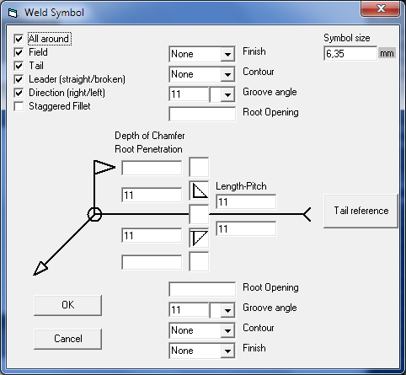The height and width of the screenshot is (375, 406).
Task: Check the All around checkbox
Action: coord(19,39)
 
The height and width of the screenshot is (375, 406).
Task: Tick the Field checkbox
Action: coord(19,52)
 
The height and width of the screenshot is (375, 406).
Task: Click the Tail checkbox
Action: coord(19,66)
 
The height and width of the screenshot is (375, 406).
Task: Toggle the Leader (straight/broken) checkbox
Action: coord(19,79)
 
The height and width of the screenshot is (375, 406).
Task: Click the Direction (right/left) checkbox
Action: coord(19,93)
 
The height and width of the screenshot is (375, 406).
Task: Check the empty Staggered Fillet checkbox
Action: coord(19,106)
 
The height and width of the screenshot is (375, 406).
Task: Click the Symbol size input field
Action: coord(350,53)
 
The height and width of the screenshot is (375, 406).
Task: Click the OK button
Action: coord(67,305)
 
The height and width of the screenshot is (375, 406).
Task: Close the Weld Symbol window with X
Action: coord(381,9)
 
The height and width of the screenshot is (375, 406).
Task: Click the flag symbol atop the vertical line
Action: coord(104,168)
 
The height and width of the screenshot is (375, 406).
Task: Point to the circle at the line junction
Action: coord(94,214)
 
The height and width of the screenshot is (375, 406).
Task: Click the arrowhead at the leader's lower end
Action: coord(40,269)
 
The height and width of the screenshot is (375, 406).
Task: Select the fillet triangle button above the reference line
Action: coord(199,190)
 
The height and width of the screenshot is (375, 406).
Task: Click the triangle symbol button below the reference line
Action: coord(199,238)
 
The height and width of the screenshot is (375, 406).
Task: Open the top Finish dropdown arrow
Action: coord(227,54)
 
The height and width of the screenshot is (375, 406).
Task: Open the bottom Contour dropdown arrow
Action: coord(227,330)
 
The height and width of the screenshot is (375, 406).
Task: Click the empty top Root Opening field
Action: coord(202,114)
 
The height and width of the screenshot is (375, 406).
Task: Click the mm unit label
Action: coord(387,53)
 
